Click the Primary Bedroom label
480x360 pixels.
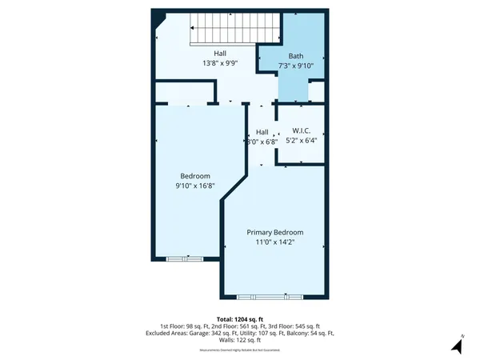tap(274, 233)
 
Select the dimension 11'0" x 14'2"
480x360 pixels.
tap(274, 243)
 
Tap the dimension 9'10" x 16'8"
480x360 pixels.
tap(194, 186)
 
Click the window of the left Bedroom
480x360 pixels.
tap(184, 259)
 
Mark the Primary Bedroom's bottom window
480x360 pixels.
tap(274, 296)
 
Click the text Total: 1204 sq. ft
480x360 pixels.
tap(239, 318)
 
